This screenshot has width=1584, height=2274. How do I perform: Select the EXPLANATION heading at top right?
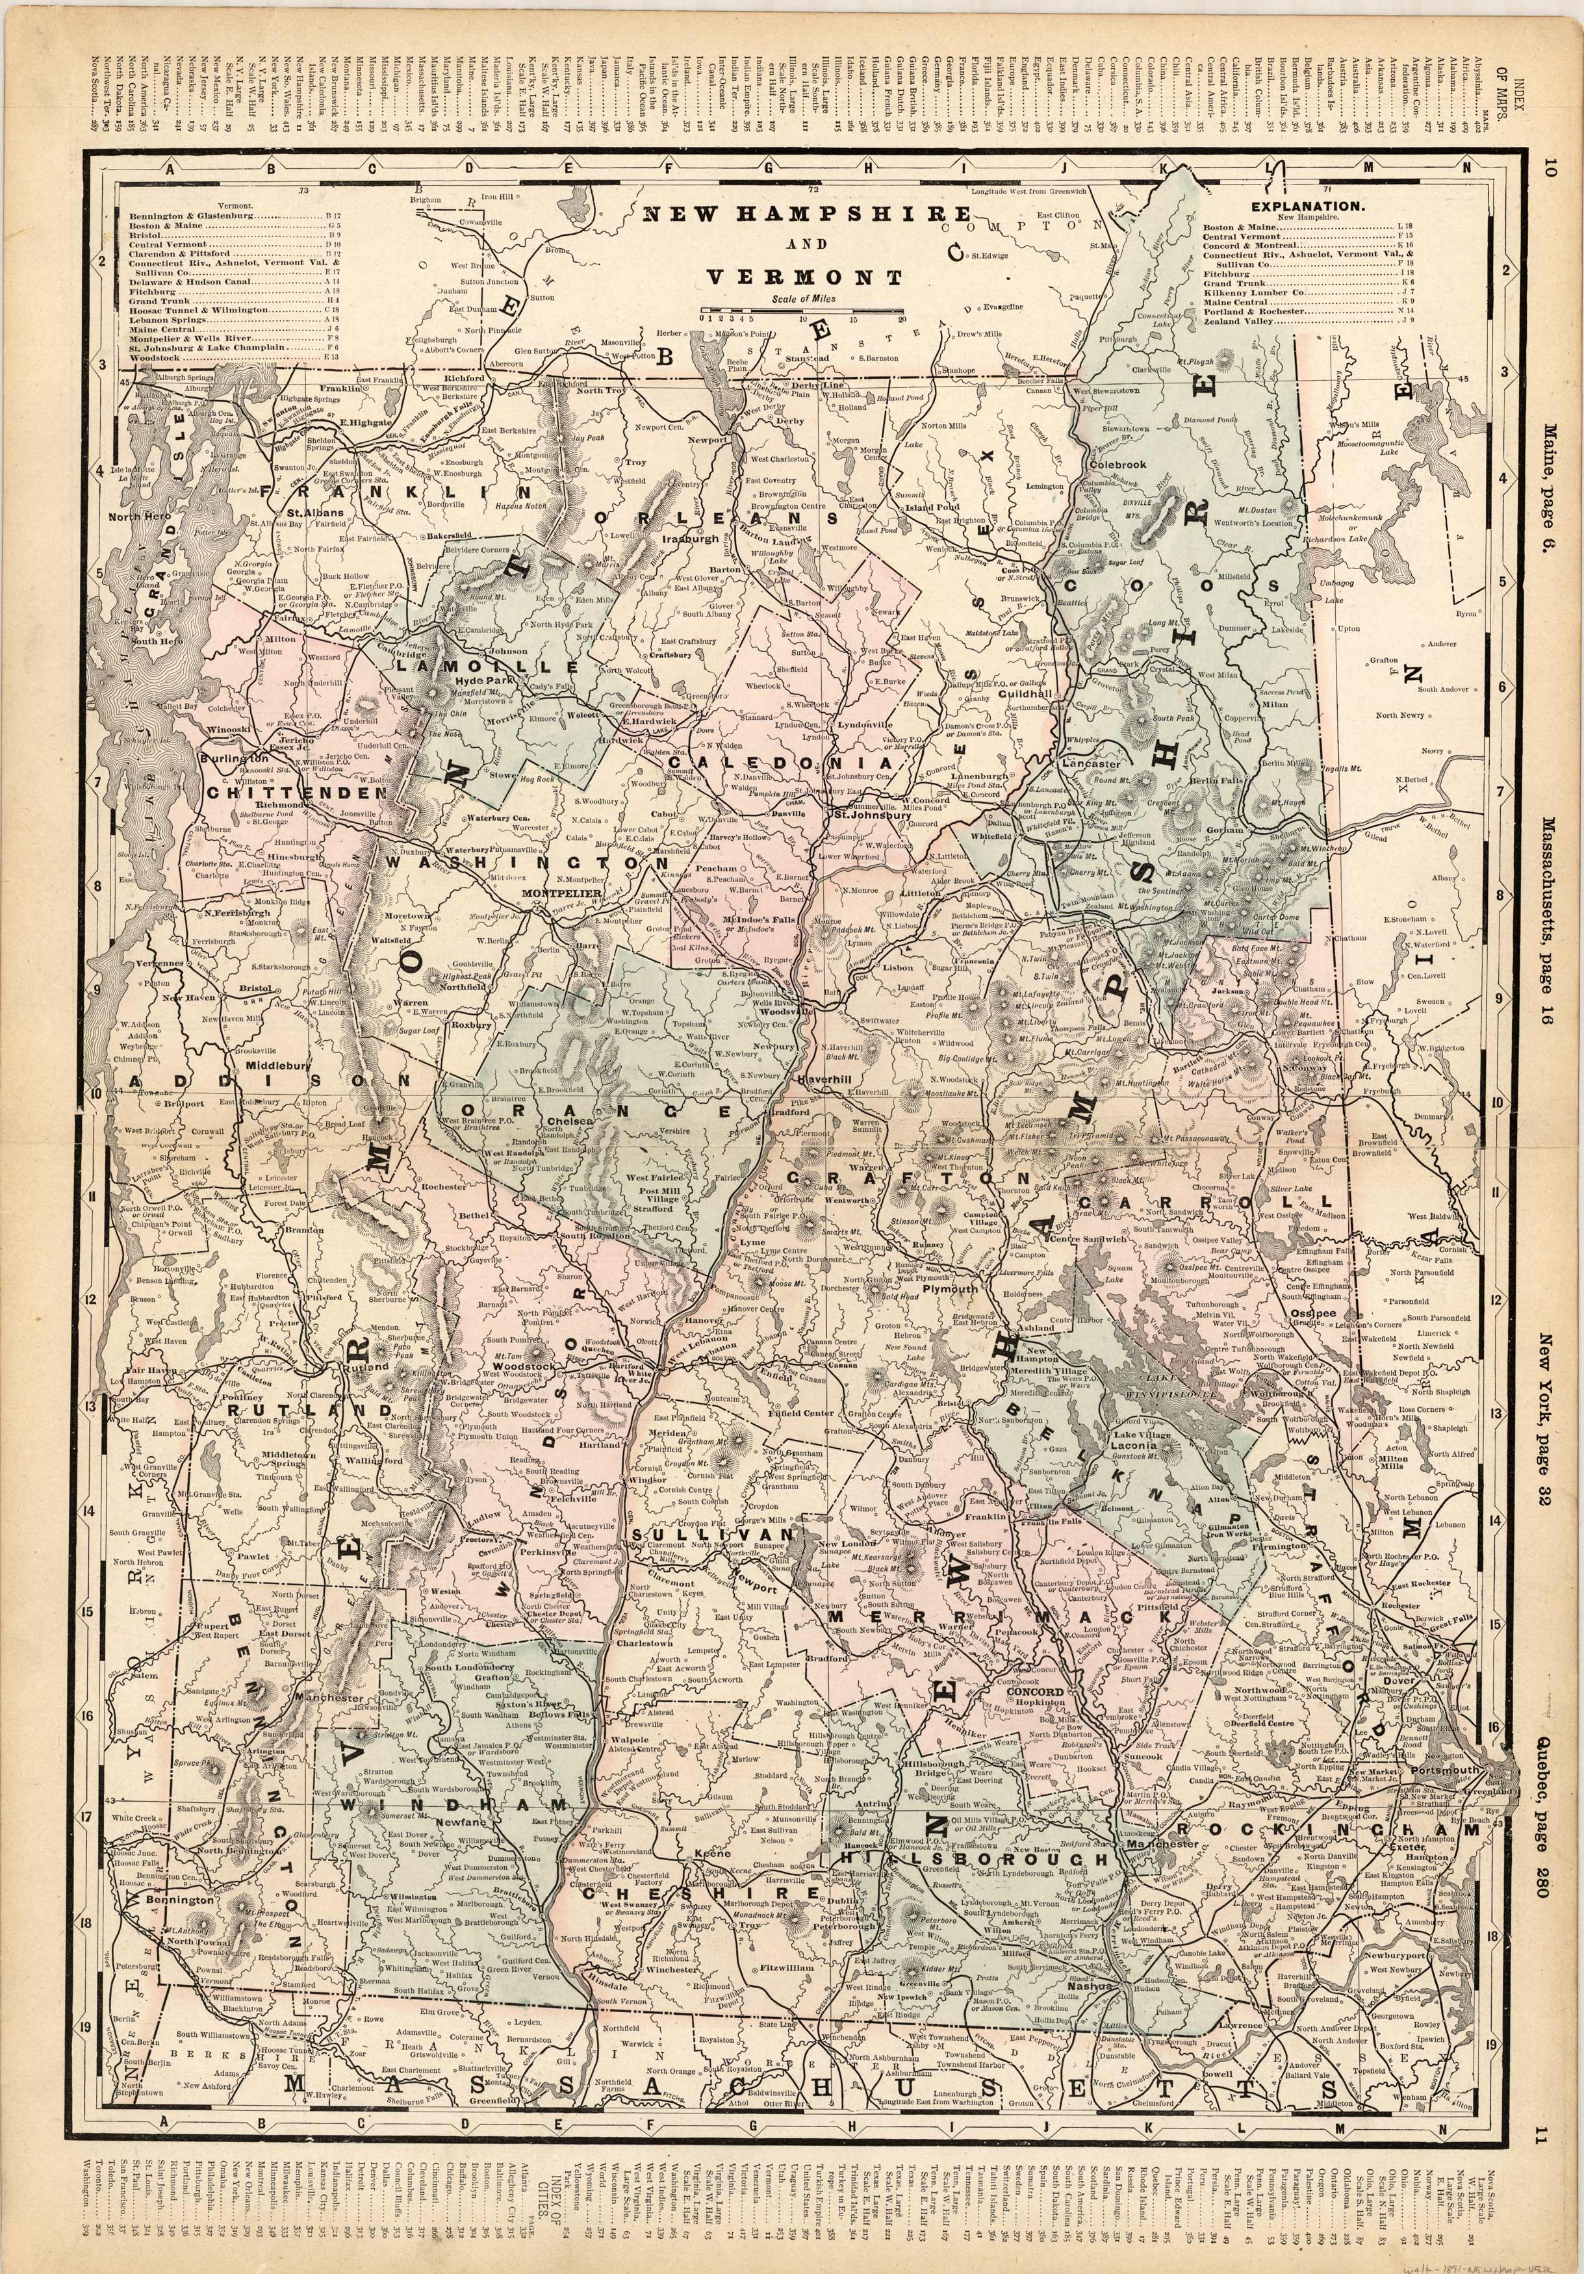point(1322,207)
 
